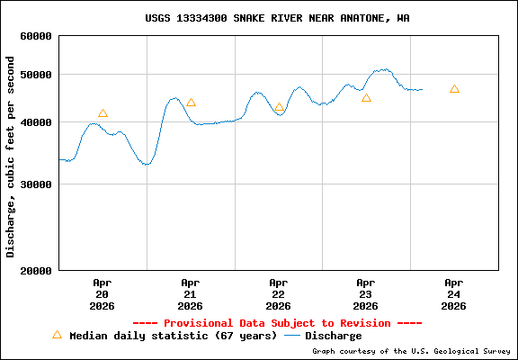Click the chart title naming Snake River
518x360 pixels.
pyautogui.click(x=277, y=18)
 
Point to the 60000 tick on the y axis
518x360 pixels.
pyautogui.click(x=36, y=37)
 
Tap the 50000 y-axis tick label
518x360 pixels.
pyautogui.click(x=36, y=75)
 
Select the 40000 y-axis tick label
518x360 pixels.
pyautogui.click(x=36, y=122)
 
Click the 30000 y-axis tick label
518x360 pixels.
pyautogui.click(x=36, y=184)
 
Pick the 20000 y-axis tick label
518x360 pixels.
pyautogui.click(x=36, y=270)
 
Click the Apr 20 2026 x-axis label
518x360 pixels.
pyautogui.click(x=102, y=293)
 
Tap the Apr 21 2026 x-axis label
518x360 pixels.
pyautogui.click(x=190, y=293)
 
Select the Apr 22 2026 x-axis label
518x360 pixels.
pyautogui.click(x=278, y=293)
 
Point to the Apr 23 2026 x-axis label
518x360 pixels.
pyautogui.click(x=366, y=293)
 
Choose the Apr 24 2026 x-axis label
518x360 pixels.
pyautogui.click(x=454, y=293)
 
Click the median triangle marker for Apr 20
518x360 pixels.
pyautogui.click(x=103, y=113)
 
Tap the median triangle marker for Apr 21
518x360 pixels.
pyautogui.click(x=191, y=103)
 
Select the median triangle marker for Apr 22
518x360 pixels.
pyautogui.click(x=279, y=108)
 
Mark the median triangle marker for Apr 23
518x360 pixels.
pyautogui.click(x=366, y=97)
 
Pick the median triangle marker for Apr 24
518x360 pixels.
pyautogui.click(x=454, y=89)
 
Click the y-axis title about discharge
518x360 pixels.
pyautogui.click(x=11, y=157)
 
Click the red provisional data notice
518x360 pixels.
pyautogui.click(x=277, y=322)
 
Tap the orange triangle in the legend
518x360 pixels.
pyautogui.click(x=57, y=335)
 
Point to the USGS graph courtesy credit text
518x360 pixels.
pyautogui.click(x=411, y=351)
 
